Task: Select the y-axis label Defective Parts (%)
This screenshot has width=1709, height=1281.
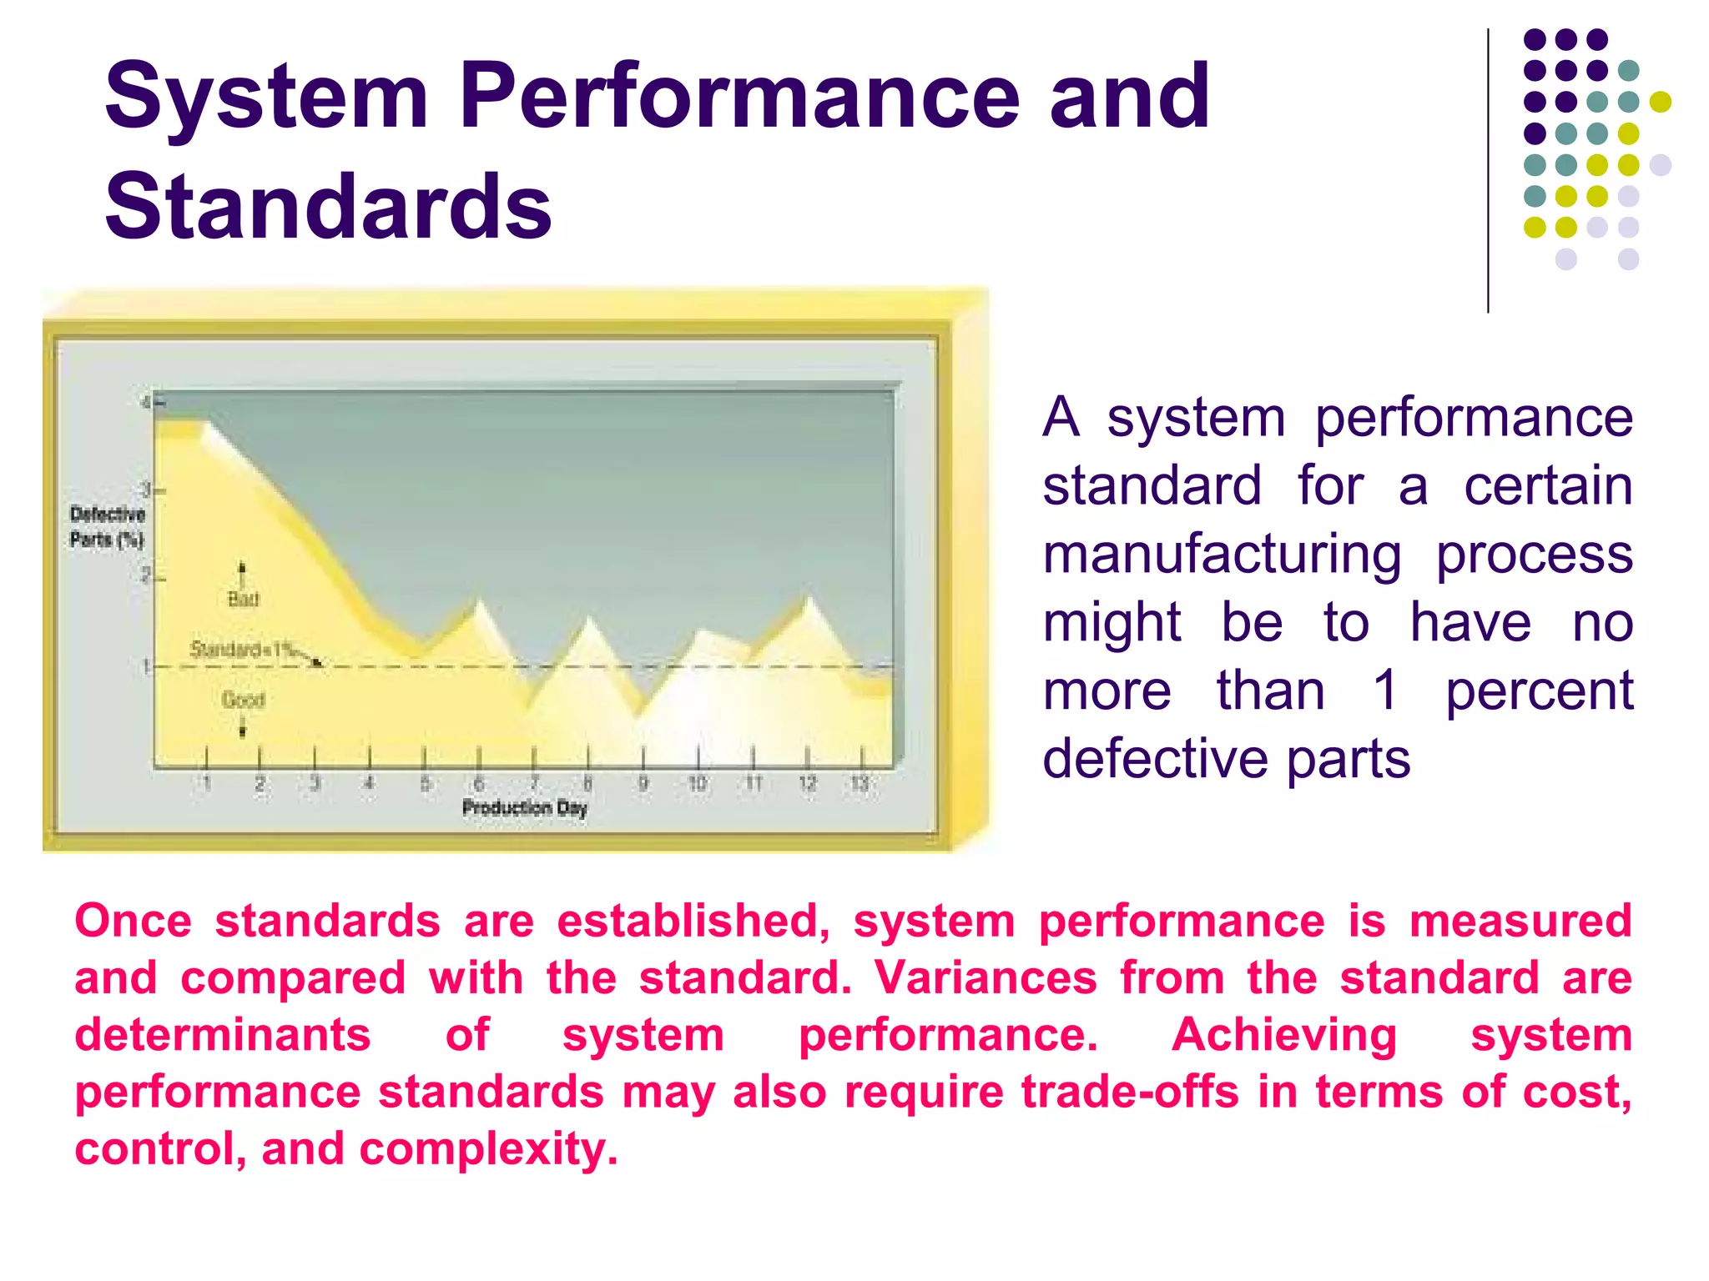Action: point(107,526)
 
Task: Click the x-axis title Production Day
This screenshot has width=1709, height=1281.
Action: point(525,807)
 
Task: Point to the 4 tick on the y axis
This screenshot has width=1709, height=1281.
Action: point(146,403)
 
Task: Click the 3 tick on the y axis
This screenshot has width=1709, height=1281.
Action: point(146,490)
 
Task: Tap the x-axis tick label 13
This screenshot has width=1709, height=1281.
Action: point(860,783)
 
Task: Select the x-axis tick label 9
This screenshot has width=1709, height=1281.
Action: point(643,783)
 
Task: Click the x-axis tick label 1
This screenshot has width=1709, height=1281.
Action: point(207,783)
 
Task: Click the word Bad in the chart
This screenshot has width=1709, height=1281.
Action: point(243,599)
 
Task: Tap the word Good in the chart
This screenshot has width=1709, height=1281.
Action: point(243,700)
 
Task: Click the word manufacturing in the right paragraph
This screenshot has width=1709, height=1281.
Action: point(1223,555)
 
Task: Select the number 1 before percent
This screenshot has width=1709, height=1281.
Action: point(1385,691)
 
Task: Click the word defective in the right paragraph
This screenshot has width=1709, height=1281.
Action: point(1156,759)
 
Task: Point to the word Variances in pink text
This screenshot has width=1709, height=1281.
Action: point(986,977)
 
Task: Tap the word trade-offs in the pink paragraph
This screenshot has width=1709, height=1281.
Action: point(1130,1092)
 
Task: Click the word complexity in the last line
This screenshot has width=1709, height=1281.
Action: point(488,1149)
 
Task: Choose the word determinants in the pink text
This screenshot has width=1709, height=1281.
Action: point(223,1035)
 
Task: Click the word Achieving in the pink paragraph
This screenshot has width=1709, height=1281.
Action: point(1284,1035)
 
